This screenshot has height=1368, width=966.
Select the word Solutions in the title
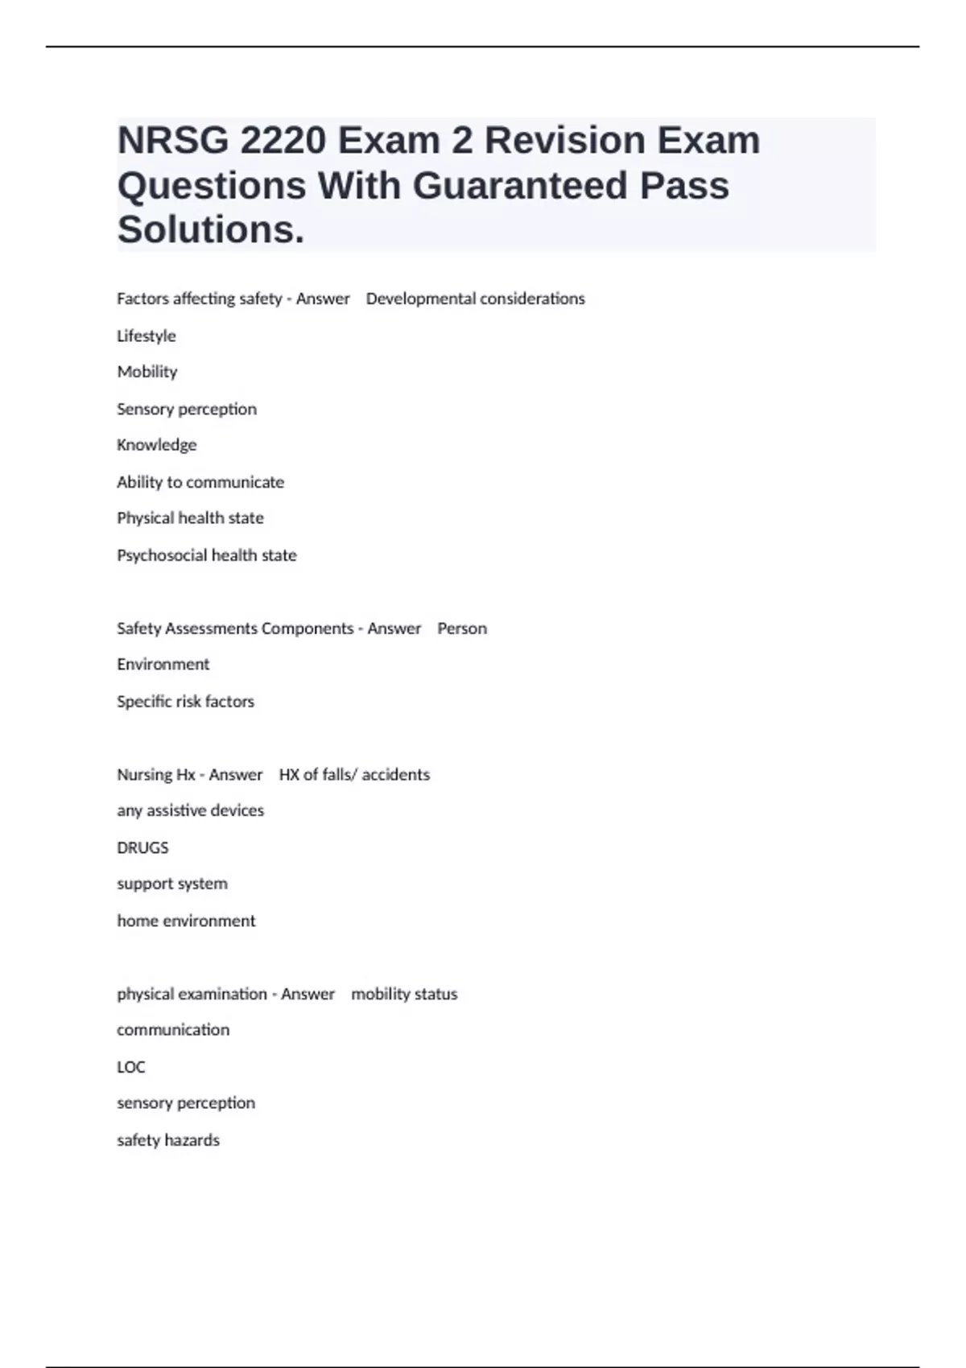coord(211,230)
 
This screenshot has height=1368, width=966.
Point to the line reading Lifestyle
coord(147,336)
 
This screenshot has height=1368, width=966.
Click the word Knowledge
coord(157,445)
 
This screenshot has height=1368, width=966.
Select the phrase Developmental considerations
coord(475,299)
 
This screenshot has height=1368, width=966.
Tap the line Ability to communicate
coord(200,482)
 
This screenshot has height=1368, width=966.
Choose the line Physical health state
coord(190,518)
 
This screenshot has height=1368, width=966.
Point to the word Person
coord(462,628)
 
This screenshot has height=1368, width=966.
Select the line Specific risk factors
coord(185,702)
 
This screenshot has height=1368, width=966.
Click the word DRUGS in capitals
coord(142,847)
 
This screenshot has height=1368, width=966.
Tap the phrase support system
coord(172,884)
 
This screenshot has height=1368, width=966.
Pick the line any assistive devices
coord(190,810)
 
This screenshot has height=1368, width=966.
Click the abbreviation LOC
coord(131,1067)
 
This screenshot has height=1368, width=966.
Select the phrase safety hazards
coord(168,1140)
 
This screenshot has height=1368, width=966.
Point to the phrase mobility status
coord(404,994)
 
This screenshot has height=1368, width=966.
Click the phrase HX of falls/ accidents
coord(354,774)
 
